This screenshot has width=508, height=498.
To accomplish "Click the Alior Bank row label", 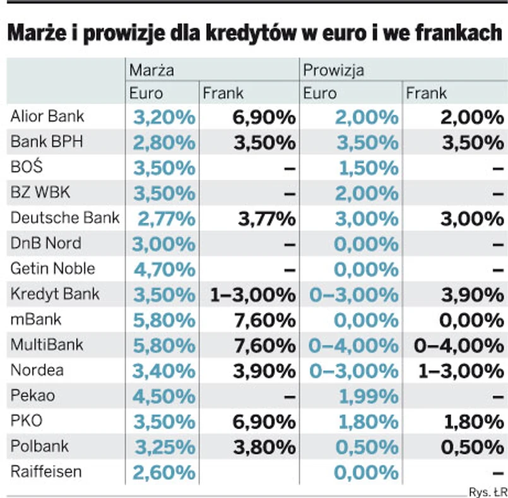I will (47, 117).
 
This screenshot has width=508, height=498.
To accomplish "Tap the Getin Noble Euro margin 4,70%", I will (164, 270).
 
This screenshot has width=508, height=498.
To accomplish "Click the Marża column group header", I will (151, 69).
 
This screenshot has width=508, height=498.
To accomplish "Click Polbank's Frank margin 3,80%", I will (264, 447).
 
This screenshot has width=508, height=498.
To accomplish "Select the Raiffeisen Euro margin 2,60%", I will (164, 472).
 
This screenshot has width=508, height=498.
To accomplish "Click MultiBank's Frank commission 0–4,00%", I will (458, 346).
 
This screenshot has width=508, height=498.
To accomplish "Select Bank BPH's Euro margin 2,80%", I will (164, 143).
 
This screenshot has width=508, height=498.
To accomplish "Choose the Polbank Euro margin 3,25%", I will (164, 447).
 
